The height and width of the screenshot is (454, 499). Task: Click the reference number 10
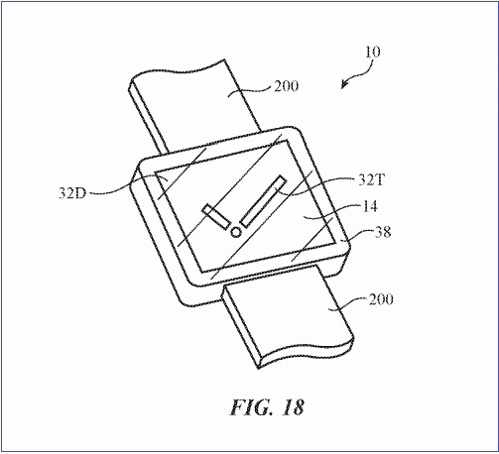[373, 52]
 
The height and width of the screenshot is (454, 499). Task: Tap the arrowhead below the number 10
[344, 84]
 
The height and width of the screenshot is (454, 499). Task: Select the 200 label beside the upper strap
[286, 86]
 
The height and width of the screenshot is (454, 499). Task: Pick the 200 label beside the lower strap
[381, 299]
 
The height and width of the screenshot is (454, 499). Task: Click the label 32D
[72, 193]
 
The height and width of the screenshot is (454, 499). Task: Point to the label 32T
[372, 180]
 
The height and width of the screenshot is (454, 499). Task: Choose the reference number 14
[370, 206]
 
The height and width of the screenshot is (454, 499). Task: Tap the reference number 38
[383, 232]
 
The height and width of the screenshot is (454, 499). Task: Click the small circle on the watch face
[236, 232]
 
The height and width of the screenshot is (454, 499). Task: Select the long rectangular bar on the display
[264, 201]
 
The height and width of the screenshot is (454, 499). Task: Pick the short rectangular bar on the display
[216, 217]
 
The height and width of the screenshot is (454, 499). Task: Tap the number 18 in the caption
[293, 407]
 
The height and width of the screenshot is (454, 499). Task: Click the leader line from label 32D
[127, 186]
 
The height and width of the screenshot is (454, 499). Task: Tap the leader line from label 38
[359, 235]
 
